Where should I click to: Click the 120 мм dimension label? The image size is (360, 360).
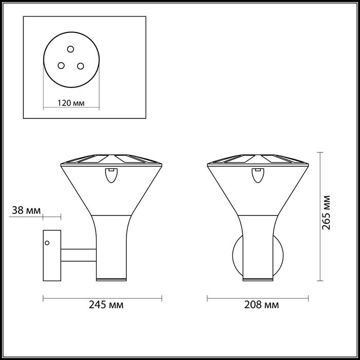coord(71,103)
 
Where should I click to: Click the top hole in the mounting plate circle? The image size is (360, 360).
coord(71,49)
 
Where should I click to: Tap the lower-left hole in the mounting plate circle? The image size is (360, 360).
coord(61,65)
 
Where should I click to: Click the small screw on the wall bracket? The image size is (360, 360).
coord(47,243)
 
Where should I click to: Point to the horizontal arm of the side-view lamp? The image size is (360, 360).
coord(79,254)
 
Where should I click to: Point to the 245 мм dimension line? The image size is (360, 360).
coord(102,297)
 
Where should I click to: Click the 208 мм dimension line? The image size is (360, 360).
coord(257,297)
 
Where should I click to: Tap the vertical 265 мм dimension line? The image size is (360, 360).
coord(320,216)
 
